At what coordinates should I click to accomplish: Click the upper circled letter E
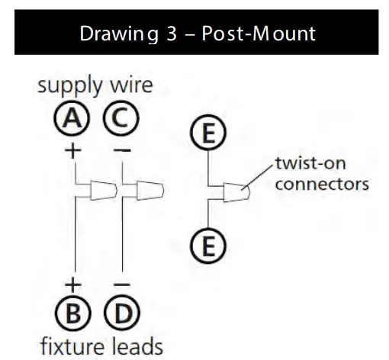(x=208, y=134)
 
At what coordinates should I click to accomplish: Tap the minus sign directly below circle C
(x=122, y=150)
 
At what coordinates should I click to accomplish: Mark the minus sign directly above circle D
(x=122, y=285)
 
